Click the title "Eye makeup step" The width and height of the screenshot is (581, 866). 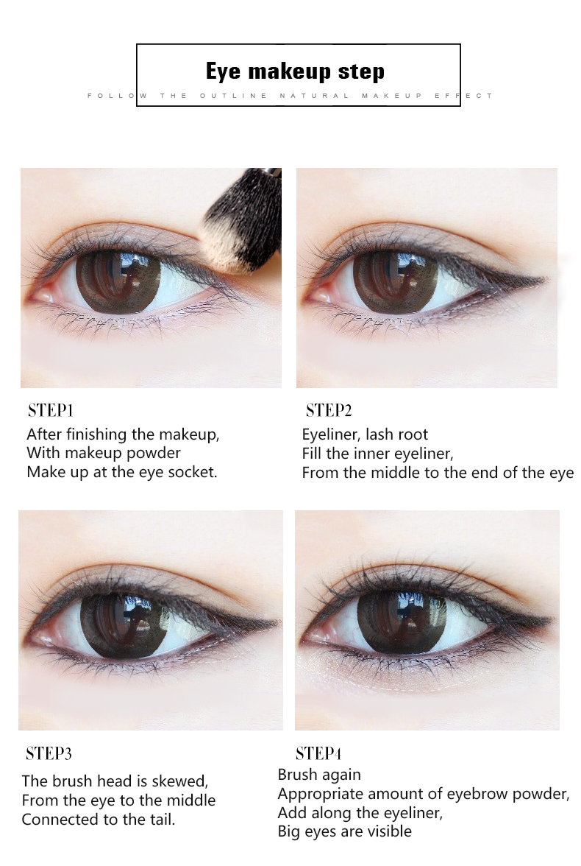coord(295,72)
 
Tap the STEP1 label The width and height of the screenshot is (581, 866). coord(50,410)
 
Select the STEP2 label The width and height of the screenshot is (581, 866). coord(329,410)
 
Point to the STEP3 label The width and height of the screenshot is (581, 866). coord(49,753)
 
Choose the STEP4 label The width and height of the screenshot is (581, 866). coord(318,753)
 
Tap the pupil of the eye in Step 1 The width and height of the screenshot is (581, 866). coord(118,276)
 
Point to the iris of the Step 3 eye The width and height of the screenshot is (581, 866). coord(123,617)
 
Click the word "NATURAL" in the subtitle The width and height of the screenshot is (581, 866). coord(314,96)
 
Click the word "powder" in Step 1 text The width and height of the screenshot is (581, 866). coord(154,454)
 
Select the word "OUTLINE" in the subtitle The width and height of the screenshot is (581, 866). coord(233,96)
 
